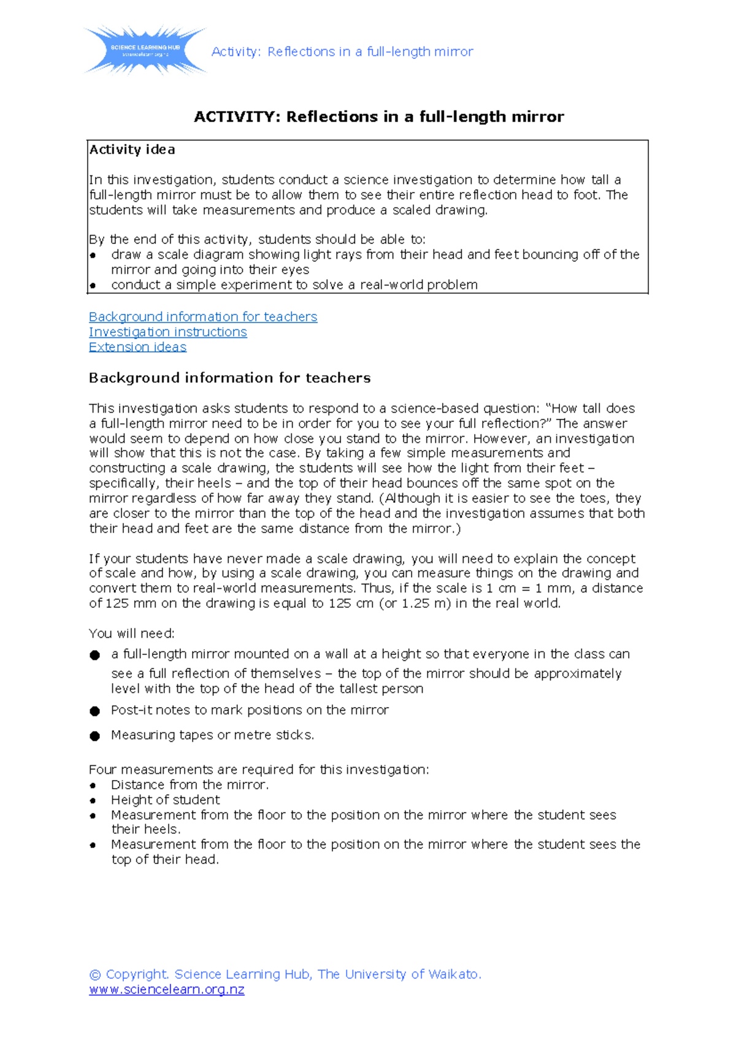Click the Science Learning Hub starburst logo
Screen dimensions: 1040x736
145,50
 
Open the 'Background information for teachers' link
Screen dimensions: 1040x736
202,316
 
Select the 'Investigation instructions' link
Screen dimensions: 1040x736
167,332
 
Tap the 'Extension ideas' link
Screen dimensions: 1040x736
137,347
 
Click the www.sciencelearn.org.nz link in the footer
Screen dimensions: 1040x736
166,990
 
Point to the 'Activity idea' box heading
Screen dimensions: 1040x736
132,150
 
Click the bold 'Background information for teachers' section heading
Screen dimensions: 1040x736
229,378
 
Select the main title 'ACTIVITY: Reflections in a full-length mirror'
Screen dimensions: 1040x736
378,117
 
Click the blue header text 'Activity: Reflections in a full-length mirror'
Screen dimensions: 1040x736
342,52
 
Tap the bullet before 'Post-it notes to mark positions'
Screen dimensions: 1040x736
94,711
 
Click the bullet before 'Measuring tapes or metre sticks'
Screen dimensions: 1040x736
94,736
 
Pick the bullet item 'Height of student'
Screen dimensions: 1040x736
165,800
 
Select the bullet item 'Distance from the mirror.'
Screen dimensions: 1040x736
190,785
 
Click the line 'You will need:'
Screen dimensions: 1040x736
131,633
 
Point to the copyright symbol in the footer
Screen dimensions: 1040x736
94,974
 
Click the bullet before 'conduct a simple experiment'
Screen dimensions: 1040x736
93,286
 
